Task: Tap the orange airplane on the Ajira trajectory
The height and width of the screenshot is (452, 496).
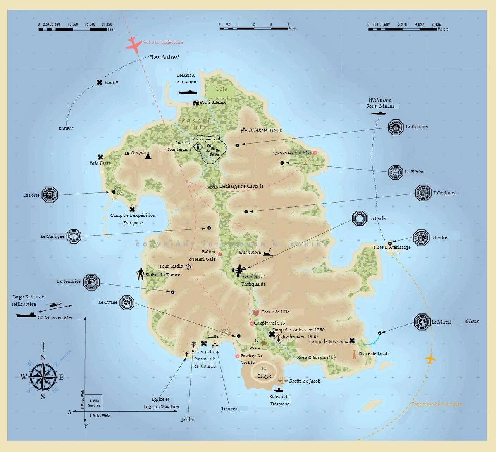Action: [430, 359]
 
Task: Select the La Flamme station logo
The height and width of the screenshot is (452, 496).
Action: [396, 127]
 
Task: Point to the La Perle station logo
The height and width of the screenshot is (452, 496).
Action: [360, 219]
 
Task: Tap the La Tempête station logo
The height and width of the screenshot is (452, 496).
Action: [91, 282]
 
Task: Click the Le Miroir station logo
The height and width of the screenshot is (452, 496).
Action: [422, 322]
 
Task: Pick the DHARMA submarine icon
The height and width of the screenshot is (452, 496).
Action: [188, 93]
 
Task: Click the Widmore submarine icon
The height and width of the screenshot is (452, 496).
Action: [379, 113]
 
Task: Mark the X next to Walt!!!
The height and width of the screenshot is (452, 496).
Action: [100, 83]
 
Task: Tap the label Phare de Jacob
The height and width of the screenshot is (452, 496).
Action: [373, 353]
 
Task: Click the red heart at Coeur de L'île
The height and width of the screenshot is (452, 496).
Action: [255, 312]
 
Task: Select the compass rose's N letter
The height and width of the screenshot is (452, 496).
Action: [43, 358]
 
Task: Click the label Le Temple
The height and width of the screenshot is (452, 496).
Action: [135, 153]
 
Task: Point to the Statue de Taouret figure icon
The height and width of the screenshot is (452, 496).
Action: [140, 274]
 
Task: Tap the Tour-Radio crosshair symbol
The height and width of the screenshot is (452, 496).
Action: [188, 267]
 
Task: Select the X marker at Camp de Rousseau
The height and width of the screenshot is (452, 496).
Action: [352, 341]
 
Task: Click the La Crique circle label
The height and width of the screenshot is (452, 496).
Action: [264, 372]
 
